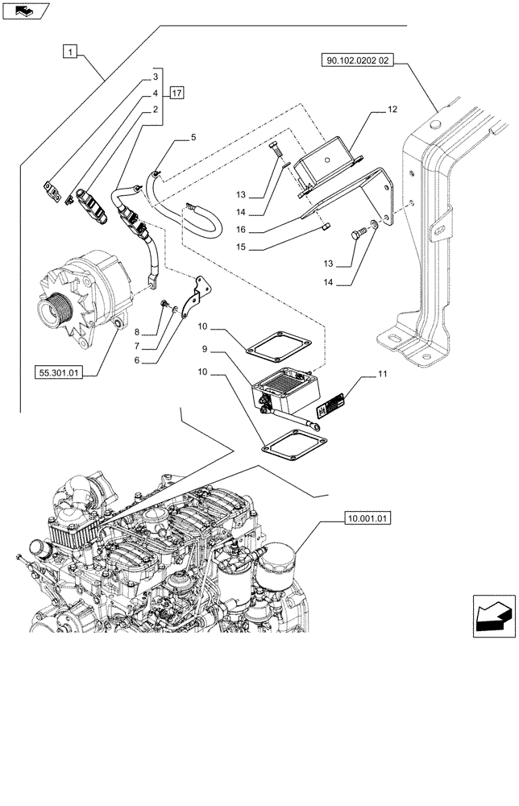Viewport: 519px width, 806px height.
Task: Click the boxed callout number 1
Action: (72, 53)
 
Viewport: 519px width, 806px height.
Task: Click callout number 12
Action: (392, 109)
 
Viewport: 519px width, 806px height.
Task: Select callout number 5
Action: (193, 139)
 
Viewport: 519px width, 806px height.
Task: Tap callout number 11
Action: (382, 375)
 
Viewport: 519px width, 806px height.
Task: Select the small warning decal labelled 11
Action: (331, 407)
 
